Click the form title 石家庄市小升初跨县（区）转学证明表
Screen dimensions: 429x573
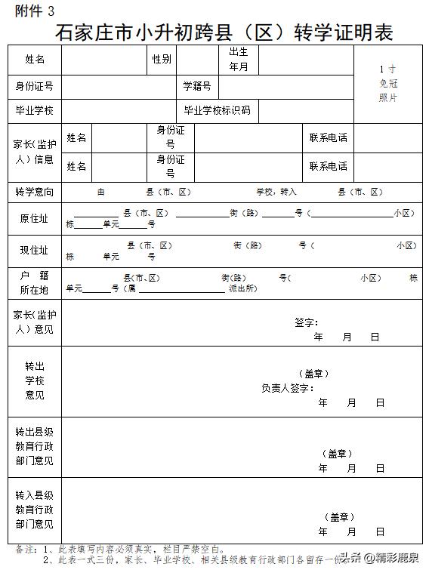(x=224, y=33)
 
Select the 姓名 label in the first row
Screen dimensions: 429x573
(x=35, y=60)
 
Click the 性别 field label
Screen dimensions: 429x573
(x=161, y=60)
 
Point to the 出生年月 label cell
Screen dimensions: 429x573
(x=239, y=60)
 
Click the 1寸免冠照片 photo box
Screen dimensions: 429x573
(x=387, y=84)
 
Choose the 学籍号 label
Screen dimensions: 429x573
(x=197, y=86)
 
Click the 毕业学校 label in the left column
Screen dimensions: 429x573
(x=35, y=110)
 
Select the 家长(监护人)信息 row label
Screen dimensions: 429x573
(x=35, y=151)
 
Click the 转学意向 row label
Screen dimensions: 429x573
(x=35, y=193)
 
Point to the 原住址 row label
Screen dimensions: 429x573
(x=35, y=219)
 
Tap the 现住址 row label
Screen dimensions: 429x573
(x=35, y=251)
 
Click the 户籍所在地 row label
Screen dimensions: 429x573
(x=35, y=283)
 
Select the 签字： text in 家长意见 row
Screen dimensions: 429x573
(x=307, y=322)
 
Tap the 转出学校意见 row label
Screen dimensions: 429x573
(x=35, y=380)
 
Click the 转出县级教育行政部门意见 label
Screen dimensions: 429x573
(x=35, y=446)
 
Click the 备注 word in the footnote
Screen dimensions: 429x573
(x=25, y=550)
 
